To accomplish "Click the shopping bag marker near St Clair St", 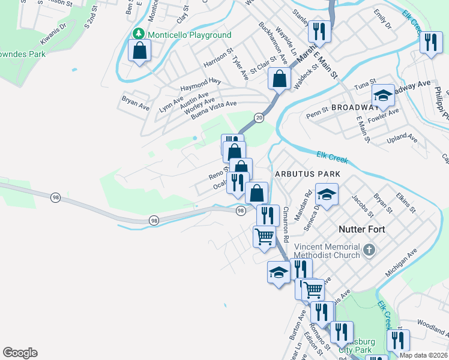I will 279,78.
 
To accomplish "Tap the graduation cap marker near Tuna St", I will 383,95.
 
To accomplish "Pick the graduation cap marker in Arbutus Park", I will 327,194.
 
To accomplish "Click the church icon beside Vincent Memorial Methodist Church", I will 369,249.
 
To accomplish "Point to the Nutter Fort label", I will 361,229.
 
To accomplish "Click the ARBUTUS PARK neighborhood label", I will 307,174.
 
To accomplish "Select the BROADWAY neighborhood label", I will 352,107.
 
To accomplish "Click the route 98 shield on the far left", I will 55,197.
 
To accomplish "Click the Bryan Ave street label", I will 135,103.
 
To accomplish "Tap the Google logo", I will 20,353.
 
